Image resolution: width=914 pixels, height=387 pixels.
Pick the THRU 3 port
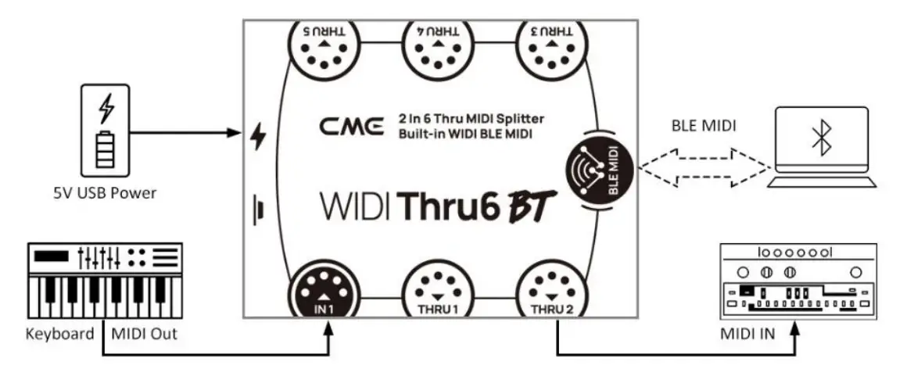coord(553,48)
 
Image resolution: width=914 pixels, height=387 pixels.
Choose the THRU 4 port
coord(437,48)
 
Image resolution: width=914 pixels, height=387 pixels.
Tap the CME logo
coord(352,126)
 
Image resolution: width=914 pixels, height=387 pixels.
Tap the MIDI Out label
coord(144,335)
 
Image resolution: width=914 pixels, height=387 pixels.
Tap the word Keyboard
coord(60,335)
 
